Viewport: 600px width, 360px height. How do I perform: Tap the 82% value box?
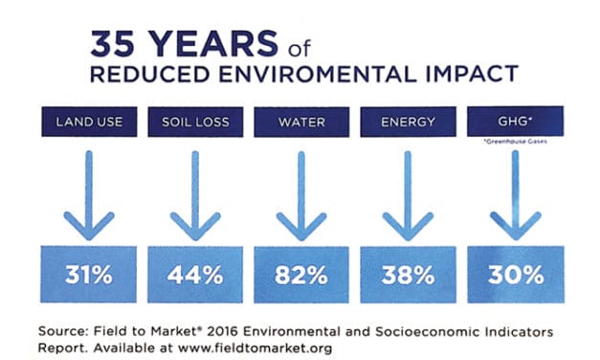pyautogui.click(x=302, y=274)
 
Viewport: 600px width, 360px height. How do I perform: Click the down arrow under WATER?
pyautogui.click(x=302, y=196)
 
